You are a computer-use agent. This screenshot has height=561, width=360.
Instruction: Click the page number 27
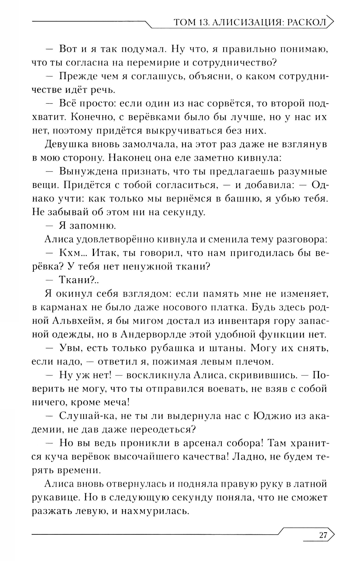[323, 535]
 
